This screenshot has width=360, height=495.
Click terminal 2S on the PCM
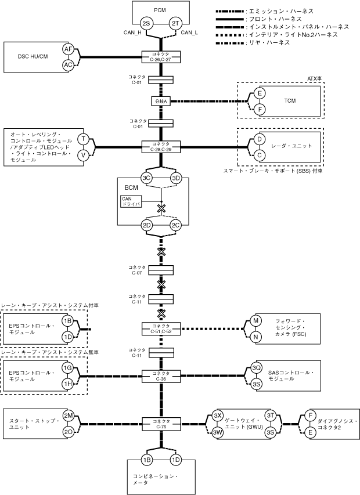coord(146,24)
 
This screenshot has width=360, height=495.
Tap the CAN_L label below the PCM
coord(189,32)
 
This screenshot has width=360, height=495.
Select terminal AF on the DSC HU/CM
coord(68,49)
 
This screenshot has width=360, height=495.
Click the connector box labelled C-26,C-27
coord(161,57)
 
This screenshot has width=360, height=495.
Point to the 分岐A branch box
coord(161,102)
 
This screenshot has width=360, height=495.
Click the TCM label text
coord(290,101)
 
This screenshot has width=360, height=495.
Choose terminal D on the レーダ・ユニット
coord(260,139)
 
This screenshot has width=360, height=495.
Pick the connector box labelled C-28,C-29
coord(161,147)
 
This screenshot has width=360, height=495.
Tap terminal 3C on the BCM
coord(146,178)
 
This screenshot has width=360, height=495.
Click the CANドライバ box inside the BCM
coord(131,201)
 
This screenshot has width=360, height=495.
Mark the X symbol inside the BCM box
coord(161,208)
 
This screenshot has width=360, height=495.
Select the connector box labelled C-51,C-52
coord(161,328)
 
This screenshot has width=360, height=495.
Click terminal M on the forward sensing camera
coord(256,321)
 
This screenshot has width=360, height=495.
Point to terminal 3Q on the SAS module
coord(257,368)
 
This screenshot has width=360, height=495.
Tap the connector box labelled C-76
coord(161,424)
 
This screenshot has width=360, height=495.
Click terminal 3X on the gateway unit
coord(218,415)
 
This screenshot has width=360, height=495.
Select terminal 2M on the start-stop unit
coord(68,415)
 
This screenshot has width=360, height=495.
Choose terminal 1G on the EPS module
coord(68,368)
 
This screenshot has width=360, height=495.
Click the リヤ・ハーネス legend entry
coord(253,42)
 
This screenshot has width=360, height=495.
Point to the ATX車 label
coord(315,78)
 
